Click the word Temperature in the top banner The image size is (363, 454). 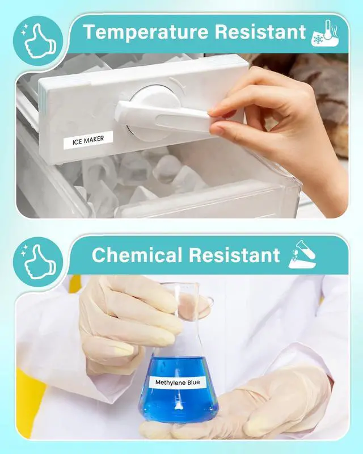146,32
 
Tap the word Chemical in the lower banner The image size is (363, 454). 137,255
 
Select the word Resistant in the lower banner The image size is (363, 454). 234,255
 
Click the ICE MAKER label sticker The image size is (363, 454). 88,140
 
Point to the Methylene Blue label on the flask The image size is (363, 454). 178,382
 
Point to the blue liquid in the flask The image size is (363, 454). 178,388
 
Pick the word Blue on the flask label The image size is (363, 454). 193,382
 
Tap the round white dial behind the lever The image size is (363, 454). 153,111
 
